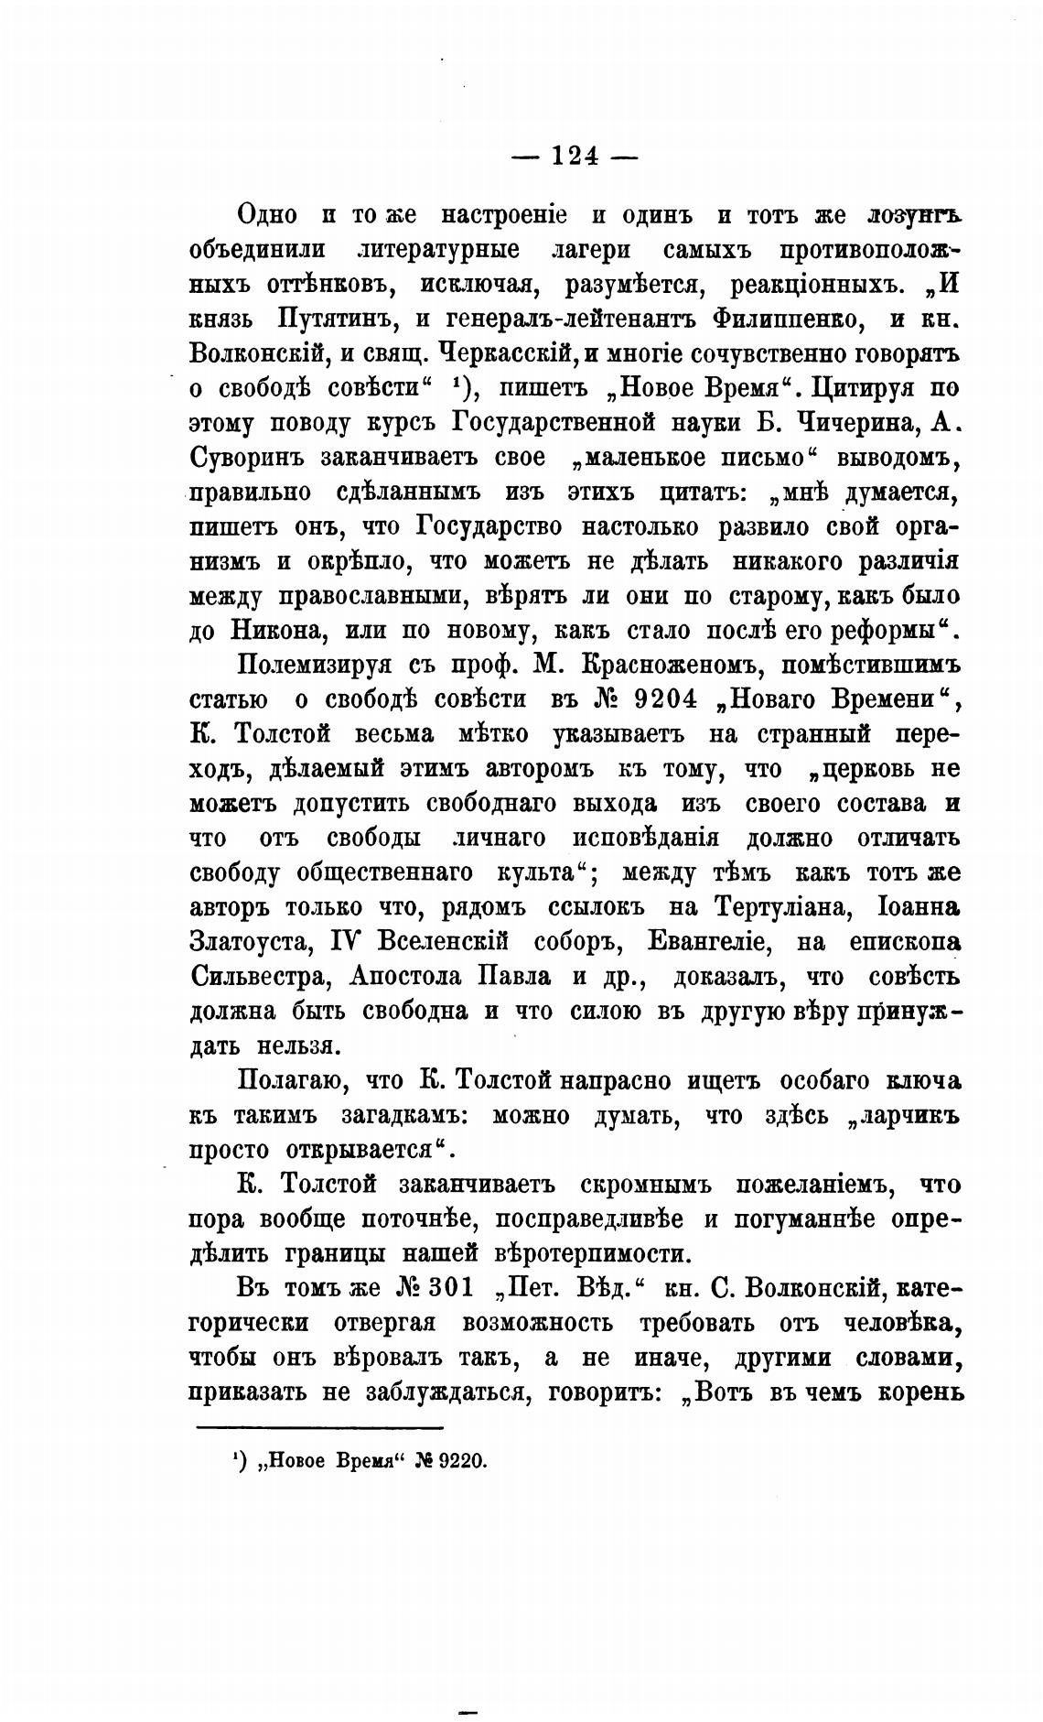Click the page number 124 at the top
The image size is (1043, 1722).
574,157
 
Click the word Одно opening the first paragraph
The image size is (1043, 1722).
267,214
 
